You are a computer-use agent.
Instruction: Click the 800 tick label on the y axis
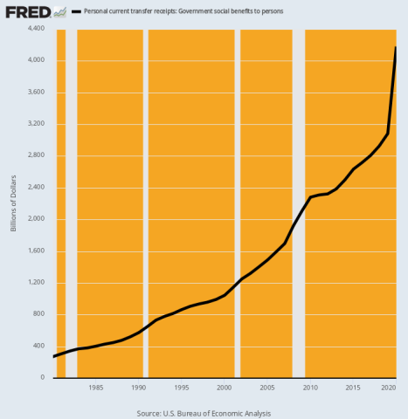[38, 314]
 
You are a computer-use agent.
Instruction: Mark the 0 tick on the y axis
[43, 378]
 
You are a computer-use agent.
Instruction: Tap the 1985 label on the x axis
[96, 388]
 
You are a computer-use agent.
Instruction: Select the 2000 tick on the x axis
[225, 388]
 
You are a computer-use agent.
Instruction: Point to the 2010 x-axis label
[310, 388]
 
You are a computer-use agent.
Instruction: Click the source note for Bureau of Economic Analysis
[204, 412]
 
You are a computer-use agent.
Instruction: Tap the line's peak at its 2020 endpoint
[396, 48]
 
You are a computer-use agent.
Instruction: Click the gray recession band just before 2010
[299, 201]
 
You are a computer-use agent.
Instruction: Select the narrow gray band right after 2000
[237, 201]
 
